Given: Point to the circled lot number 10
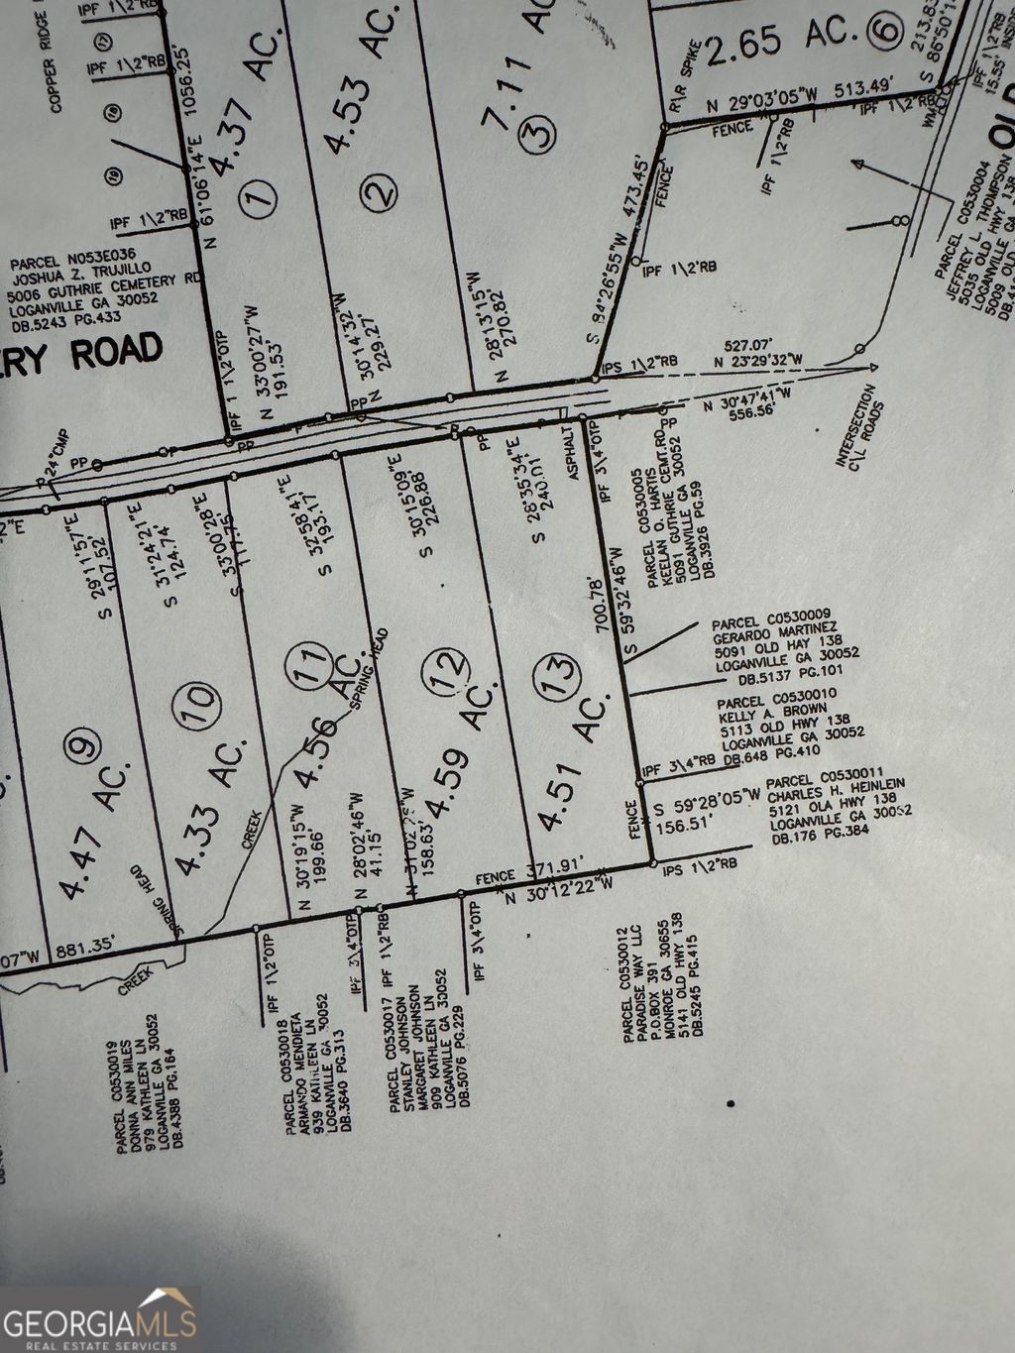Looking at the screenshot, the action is [x=203, y=708].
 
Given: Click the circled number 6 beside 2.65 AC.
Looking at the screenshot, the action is [x=884, y=31].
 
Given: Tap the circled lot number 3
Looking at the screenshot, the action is [x=539, y=132].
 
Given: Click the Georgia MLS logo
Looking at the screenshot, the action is [x=100, y=1319].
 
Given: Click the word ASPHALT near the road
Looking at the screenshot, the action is [x=574, y=455].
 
